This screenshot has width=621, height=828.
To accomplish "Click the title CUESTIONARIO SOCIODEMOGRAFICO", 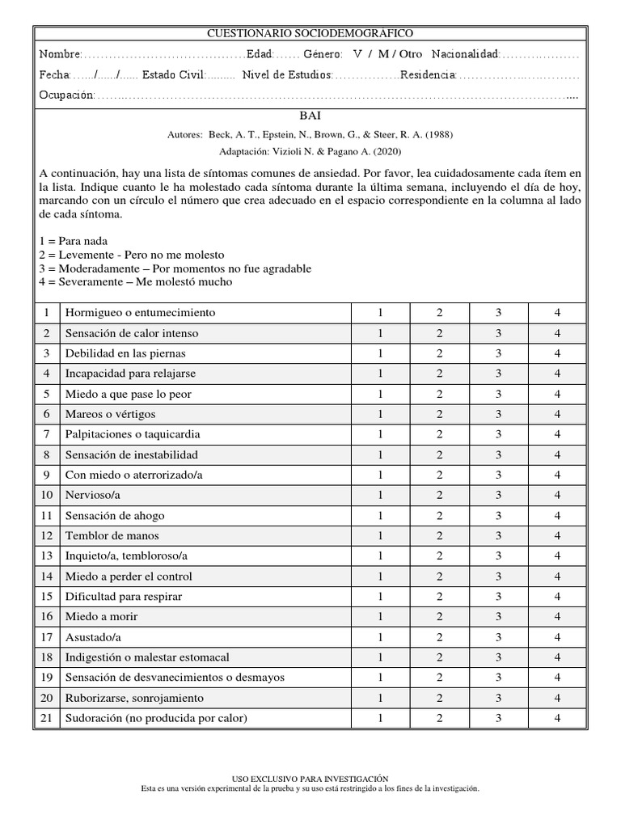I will (x=310, y=33).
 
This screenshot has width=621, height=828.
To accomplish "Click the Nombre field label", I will (x=60, y=54).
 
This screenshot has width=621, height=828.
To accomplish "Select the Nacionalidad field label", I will (x=465, y=54).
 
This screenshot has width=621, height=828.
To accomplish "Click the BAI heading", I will (x=310, y=116).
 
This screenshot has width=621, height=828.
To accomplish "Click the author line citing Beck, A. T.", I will (x=310, y=135).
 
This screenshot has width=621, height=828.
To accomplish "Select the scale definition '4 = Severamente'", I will (x=135, y=282).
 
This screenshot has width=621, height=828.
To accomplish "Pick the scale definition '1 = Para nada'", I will (x=73, y=241).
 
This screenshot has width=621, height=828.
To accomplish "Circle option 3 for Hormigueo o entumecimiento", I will (x=499, y=313).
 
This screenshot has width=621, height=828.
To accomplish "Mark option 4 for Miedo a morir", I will (x=557, y=616).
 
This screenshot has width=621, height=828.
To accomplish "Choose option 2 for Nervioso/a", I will (x=439, y=495).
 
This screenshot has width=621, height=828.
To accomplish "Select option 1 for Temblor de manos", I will (x=380, y=535).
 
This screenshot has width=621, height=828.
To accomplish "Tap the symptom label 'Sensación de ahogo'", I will (x=112, y=515).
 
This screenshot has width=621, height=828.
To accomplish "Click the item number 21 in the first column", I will (x=47, y=718).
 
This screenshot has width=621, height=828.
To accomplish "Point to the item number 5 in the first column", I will (x=47, y=394).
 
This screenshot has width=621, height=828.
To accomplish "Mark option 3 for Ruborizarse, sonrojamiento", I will (x=499, y=698).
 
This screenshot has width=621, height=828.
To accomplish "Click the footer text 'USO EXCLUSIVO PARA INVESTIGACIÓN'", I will (x=310, y=777).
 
